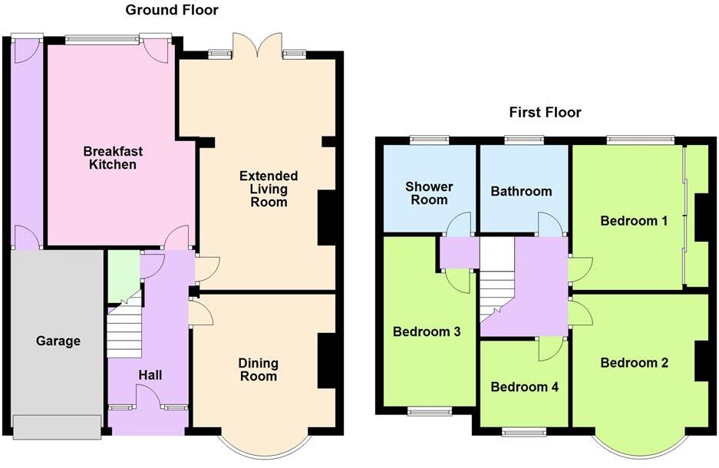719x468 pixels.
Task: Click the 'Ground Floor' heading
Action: pyautogui.click(x=171, y=10)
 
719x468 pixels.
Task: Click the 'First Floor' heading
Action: pyautogui.click(x=545, y=113)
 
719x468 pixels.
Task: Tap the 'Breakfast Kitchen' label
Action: pyautogui.click(x=113, y=158)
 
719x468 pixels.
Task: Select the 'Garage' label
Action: pyautogui.click(x=58, y=341)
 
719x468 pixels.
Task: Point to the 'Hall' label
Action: pyautogui.click(x=150, y=374)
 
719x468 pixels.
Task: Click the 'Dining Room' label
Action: pyautogui.click(x=258, y=369)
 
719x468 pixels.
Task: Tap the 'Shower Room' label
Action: pyautogui.click(x=429, y=193)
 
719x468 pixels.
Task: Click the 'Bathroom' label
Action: pyautogui.click(x=521, y=191)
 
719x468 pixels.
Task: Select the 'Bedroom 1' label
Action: pyautogui.click(x=633, y=221)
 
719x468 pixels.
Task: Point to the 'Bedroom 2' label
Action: pyautogui.click(x=634, y=363)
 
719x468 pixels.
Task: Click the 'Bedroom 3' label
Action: pyautogui.click(x=426, y=332)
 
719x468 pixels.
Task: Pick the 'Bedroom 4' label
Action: pyautogui.click(x=524, y=387)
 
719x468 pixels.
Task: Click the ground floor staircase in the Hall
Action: pyautogui.click(x=123, y=331)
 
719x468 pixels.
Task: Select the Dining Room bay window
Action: pyautogui.click(x=265, y=448)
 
